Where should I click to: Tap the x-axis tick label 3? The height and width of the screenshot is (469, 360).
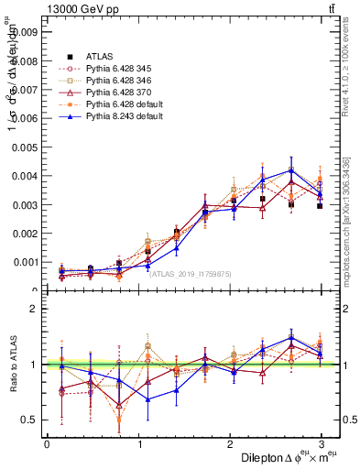322,445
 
